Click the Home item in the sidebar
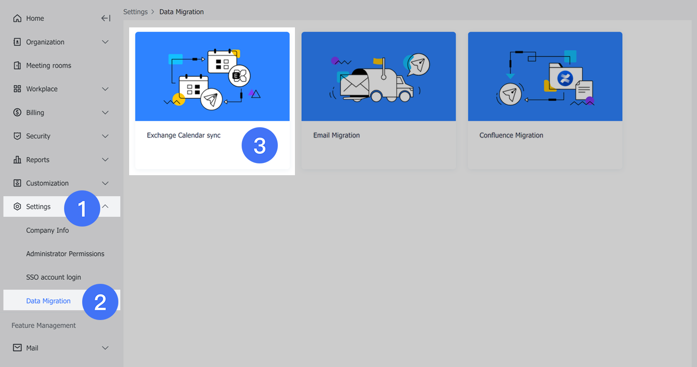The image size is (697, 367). [x=35, y=19]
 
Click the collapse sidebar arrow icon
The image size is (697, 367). [x=106, y=19]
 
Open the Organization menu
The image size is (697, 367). [x=45, y=42]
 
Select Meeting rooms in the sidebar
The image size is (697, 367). [x=48, y=66]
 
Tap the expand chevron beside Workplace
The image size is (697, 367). [x=106, y=89]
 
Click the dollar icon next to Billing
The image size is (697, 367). [x=17, y=113]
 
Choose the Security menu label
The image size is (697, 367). [x=38, y=136]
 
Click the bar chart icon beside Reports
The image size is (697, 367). [x=17, y=160]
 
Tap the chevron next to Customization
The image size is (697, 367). [x=106, y=183]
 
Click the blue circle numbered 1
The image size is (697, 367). [x=82, y=208]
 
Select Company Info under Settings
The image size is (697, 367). [x=47, y=230]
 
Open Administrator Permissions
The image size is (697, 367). [x=65, y=253]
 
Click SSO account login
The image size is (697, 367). [x=53, y=277]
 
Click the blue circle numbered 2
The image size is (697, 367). [x=100, y=301]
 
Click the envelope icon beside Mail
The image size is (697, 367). [x=17, y=348]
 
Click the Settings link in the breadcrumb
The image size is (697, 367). [x=135, y=12]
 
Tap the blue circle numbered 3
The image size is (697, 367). [x=260, y=145]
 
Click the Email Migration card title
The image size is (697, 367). [x=337, y=135]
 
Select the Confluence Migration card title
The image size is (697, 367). [x=511, y=135]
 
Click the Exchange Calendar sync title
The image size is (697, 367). [x=183, y=135]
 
